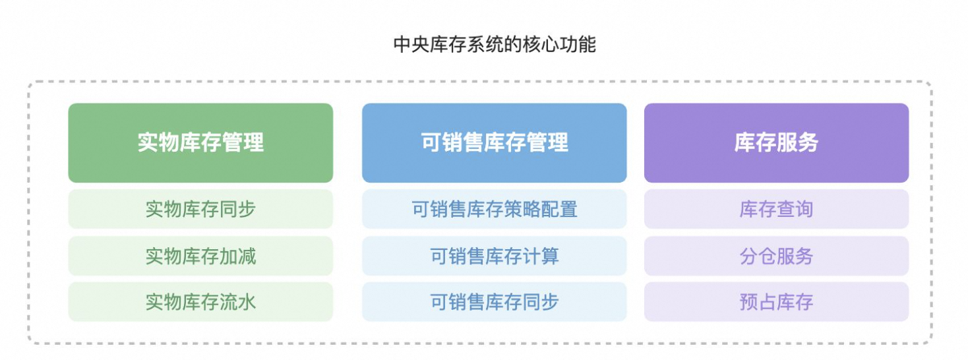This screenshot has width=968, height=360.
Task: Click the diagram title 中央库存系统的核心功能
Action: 495,45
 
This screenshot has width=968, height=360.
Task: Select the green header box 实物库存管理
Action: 200,142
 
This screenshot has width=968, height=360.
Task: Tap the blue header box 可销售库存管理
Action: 495,142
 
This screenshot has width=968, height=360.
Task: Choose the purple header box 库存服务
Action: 776,142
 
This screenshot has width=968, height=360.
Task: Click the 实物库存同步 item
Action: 200,209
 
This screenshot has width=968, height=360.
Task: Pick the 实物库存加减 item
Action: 200,256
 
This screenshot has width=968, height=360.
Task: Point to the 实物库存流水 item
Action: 200,302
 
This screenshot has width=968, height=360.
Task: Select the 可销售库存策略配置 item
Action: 495,209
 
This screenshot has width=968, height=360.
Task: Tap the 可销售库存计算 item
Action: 495,256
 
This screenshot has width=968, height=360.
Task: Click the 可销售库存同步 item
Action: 495,302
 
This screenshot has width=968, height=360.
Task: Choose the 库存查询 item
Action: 776,209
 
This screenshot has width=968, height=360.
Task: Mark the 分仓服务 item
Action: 776,256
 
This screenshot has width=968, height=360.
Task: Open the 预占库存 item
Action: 776,302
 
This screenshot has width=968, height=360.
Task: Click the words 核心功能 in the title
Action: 559,45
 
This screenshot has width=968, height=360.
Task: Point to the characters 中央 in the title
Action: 411,45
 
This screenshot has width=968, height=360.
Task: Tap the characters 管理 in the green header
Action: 243,142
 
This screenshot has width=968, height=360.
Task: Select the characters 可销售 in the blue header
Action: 452,142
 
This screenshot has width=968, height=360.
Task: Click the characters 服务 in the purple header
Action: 797,142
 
